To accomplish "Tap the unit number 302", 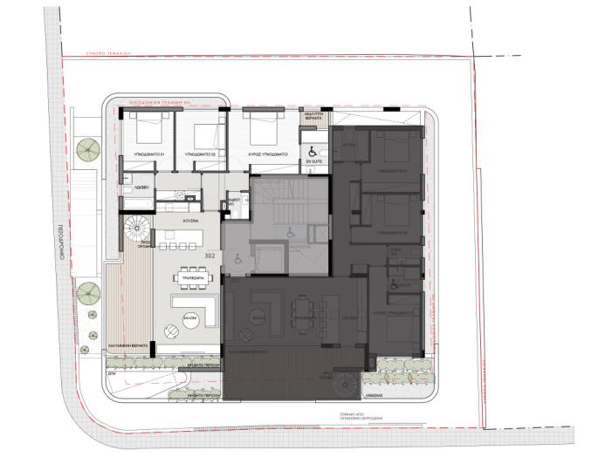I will coord(210,256).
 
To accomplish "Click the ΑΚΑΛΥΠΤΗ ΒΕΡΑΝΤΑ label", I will coord(313,116).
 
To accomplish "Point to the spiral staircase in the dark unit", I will coord(345,381).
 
